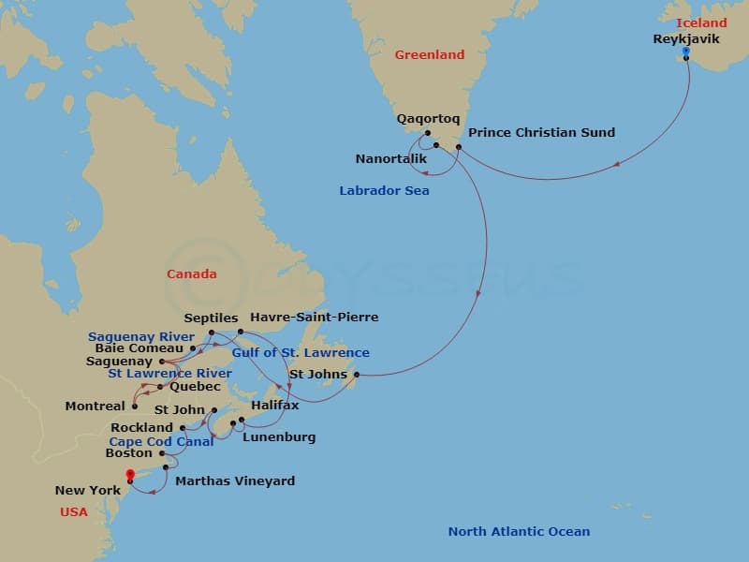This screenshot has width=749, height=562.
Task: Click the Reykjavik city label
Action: point(687,39)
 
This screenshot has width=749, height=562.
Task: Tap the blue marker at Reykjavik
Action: point(686,51)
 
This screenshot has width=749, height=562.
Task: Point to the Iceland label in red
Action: point(700,22)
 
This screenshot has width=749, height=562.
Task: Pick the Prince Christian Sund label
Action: point(541,132)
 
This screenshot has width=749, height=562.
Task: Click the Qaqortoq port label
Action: point(426,119)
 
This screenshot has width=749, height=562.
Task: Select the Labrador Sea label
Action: point(384,191)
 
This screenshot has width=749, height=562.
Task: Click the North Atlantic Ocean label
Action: point(519,532)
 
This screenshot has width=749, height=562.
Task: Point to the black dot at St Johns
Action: point(357,375)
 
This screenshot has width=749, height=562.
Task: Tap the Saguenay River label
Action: point(141,337)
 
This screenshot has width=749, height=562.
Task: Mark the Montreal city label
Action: point(95,407)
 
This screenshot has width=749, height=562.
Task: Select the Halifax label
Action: point(275,406)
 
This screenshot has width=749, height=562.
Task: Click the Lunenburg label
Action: point(279,437)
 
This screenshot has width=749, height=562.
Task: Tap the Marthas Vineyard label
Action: point(235,481)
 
